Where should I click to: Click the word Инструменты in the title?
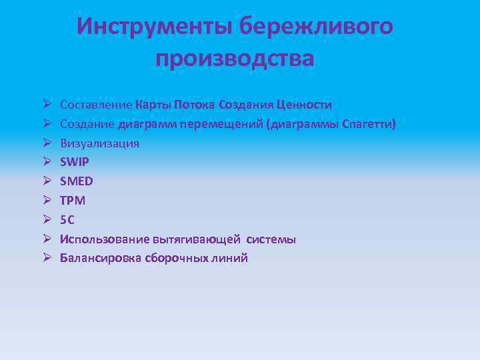154,27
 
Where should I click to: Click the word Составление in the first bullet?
96,105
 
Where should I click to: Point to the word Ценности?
304,105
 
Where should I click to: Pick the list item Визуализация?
99,143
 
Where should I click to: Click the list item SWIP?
74,162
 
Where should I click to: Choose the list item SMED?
77,181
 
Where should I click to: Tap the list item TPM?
73,201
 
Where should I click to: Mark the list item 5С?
68,220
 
